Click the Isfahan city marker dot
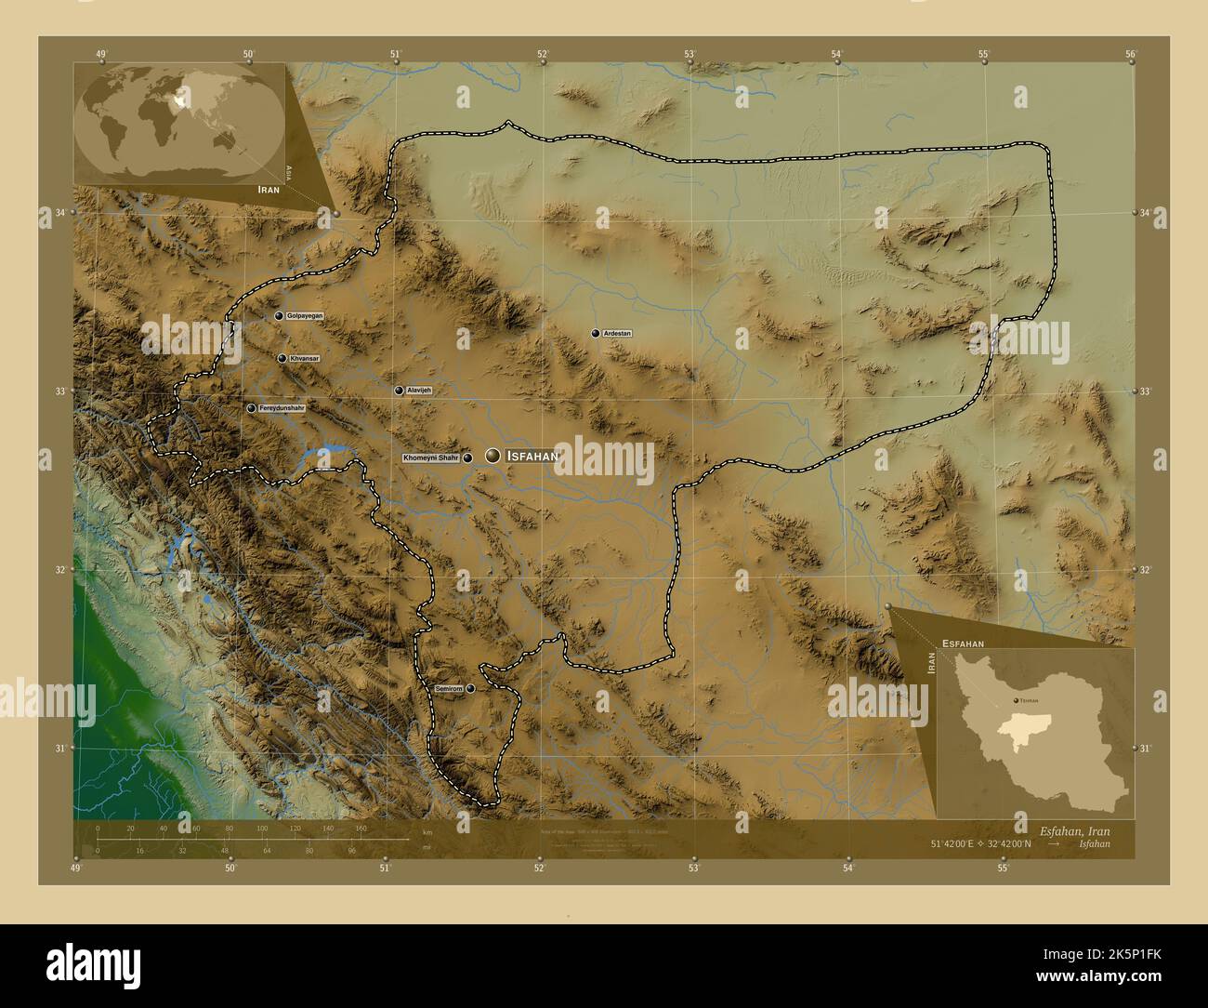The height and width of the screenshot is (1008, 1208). (x=492, y=456)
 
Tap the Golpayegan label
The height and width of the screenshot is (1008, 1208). (x=305, y=316)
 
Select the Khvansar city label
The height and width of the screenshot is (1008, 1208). (x=304, y=358)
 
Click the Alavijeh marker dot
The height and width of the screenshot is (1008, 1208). (x=399, y=391)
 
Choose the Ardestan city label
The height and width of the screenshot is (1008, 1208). (x=617, y=333)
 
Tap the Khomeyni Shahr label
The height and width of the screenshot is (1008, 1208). (x=431, y=458)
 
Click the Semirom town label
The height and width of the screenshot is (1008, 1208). (x=448, y=688)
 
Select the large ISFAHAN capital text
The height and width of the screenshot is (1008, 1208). (x=532, y=456)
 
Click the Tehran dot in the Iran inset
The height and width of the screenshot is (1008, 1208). (x=1015, y=698)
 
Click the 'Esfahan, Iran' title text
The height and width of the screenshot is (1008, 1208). (x=1074, y=829)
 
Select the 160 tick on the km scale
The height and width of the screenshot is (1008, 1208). (x=361, y=828)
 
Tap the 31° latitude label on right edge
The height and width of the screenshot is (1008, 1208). (x=1145, y=748)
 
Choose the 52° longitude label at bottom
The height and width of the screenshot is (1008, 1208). (x=539, y=869)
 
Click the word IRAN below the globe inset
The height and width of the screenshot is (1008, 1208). (x=270, y=188)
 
